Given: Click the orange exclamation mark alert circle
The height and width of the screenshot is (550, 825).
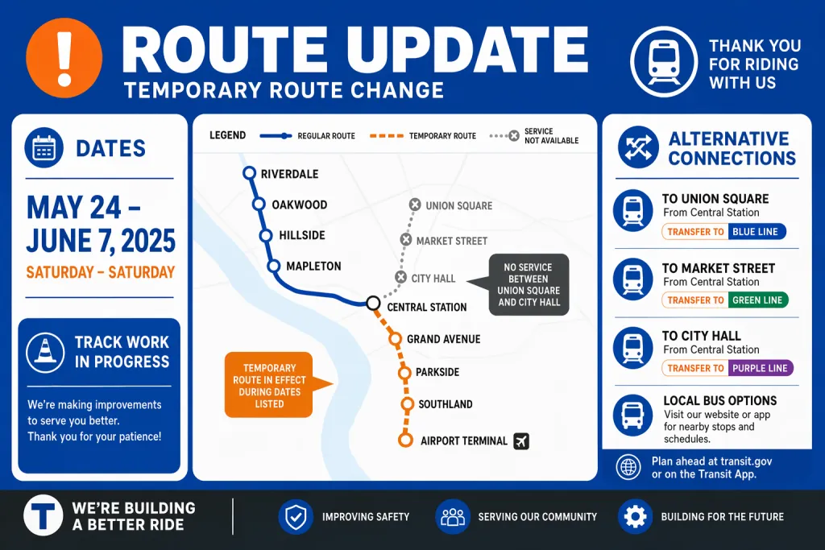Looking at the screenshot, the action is (64, 58).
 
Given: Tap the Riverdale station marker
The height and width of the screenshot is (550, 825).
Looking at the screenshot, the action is (250, 173).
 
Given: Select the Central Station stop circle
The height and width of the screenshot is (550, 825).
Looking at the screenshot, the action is (373, 303).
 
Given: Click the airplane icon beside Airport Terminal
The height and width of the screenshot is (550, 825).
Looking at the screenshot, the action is (521, 441).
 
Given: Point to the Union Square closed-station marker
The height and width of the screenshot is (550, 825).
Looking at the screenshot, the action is (415, 205).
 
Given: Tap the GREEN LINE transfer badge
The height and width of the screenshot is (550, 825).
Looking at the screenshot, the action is (758, 300).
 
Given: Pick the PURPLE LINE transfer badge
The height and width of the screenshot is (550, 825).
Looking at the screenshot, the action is (761, 369).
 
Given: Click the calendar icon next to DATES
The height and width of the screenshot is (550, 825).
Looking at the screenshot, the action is (44, 147).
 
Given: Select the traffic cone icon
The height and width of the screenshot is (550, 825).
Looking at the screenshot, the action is (45, 352).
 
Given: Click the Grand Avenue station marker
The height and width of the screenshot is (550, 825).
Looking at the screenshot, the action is (395, 339).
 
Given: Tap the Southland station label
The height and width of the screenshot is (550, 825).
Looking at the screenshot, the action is (445, 404).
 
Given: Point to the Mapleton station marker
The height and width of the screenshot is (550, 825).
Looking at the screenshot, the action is (274, 266).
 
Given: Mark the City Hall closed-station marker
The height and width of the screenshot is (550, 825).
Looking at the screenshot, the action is (401, 277).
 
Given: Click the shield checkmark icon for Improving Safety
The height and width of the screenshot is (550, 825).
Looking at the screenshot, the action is (296, 517).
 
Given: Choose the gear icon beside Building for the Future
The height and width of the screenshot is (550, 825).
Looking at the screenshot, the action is (635, 517).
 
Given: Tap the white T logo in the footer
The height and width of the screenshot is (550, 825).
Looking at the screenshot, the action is (44, 515).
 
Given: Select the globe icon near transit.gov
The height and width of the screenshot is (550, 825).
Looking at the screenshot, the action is (628, 467).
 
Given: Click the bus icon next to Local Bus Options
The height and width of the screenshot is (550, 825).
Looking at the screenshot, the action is (632, 416).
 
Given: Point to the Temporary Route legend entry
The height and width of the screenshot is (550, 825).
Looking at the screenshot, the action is (422, 135).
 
